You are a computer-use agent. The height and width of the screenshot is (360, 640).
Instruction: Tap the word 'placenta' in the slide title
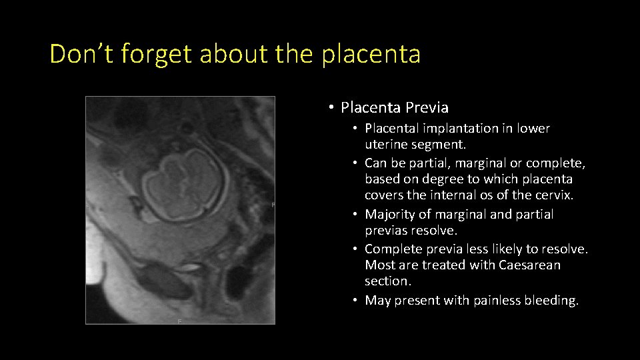pos(371,54)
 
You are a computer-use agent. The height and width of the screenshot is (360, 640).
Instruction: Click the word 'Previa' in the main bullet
pos(427,107)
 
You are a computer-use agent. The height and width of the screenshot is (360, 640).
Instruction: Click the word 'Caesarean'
pos(529,265)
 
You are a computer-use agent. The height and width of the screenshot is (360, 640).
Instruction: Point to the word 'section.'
pos(388,281)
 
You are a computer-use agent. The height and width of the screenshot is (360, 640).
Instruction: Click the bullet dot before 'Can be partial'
pos(357,163)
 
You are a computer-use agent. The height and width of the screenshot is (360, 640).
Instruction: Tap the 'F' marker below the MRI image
pos(179,321)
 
